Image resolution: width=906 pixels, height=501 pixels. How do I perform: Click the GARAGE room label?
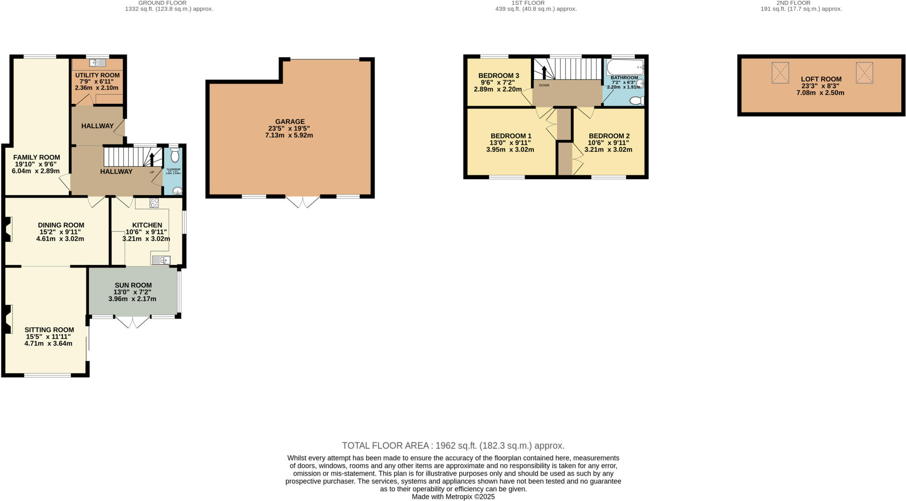tap(290, 122)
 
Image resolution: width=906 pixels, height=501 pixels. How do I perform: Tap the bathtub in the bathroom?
tap(625, 68)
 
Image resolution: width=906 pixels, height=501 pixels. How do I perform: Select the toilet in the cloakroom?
tap(175, 156)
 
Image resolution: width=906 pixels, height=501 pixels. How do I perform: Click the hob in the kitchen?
tap(154, 203)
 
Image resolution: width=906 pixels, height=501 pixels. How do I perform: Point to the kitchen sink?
tap(161, 260)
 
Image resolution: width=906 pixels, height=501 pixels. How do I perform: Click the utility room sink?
tap(98, 63)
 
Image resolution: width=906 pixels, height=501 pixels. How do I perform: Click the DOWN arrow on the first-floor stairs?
tap(544, 72)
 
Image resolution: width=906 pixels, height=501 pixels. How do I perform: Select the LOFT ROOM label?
tap(821, 80)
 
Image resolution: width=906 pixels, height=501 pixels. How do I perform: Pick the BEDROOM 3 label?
tap(499, 76)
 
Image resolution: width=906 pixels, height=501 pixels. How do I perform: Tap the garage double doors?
tap(303, 202)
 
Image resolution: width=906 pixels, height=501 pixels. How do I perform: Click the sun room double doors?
tap(133, 322)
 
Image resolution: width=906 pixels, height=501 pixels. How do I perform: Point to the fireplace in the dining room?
tap(8, 229)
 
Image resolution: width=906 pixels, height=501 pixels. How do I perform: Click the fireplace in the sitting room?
tap(8, 319)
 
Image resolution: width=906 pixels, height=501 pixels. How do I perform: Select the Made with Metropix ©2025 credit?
tap(453, 497)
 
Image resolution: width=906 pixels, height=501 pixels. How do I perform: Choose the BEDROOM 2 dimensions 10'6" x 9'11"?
tap(608, 143)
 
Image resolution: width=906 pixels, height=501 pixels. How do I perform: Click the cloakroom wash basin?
tap(177, 191)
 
